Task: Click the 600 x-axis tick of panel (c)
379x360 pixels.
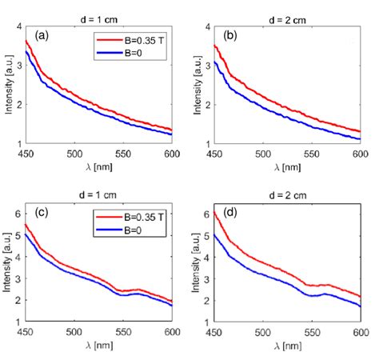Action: coord(171,334)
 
